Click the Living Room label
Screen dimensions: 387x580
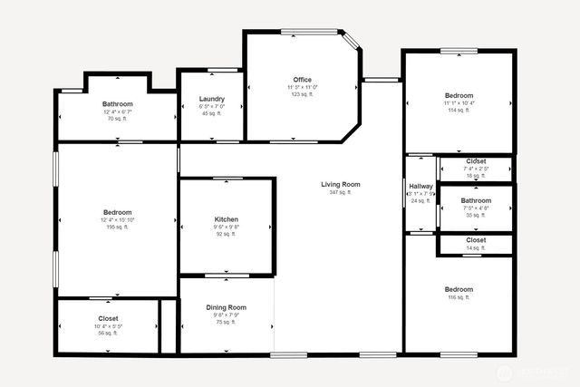pyautogui.click(x=340, y=184)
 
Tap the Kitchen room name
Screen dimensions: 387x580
pyautogui.click(x=226, y=219)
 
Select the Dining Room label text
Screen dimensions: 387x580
pyautogui.click(x=226, y=307)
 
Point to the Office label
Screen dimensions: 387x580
pyautogui.click(x=302, y=80)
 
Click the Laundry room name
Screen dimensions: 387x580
pyautogui.click(x=211, y=99)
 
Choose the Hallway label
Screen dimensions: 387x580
pyautogui.click(x=420, y=186)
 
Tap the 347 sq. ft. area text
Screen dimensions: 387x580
pyautogui.click(x=340, y=192)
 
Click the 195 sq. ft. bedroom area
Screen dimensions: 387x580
pyautogui.click(x=117, y=227)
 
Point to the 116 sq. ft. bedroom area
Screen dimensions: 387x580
pyautogui.click(x=459, y=297)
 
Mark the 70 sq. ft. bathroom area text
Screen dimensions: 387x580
pyautogui.click(x=117, y=119)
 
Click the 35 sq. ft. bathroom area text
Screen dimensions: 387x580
pyautogui.click(x=476, y=216)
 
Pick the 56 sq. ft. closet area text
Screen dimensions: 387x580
pyautogui.click(x=108, y=334)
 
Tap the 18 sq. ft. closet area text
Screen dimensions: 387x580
pyautogui.click(x=476, y=176)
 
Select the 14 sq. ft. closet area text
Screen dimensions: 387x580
pyautogui.click(x=476, y=247)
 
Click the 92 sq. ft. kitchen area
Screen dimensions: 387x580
pyautogui.click(x=226, y=234)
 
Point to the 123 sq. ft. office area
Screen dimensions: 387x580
pyautogui.click(x=302, y=94)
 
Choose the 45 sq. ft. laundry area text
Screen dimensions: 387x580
pyautogui.click(x=211, y=113)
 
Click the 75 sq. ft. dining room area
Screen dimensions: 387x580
pyautogui.click(x=226, y=322)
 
